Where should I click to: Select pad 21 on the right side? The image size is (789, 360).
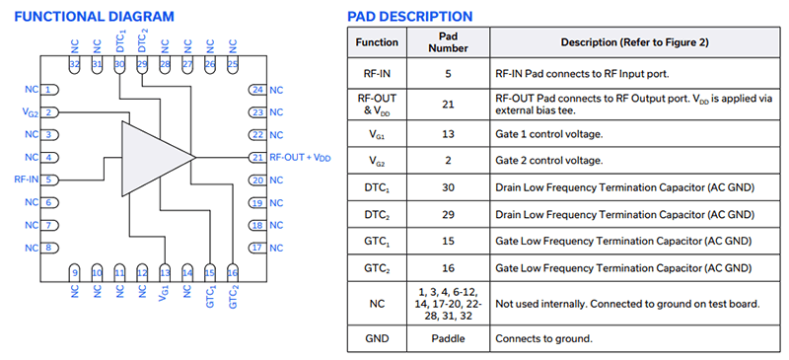pos(257,158)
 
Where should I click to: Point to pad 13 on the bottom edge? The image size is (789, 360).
pos(165,271)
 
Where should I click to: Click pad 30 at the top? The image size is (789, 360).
pos(119,64)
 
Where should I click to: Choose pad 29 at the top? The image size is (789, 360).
pos(142,64)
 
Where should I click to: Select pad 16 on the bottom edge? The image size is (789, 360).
pos(233,271)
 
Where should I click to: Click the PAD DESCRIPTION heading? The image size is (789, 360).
pos(410,17)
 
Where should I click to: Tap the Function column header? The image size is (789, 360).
pos(379,42)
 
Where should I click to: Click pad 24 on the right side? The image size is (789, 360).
pos(257,90)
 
